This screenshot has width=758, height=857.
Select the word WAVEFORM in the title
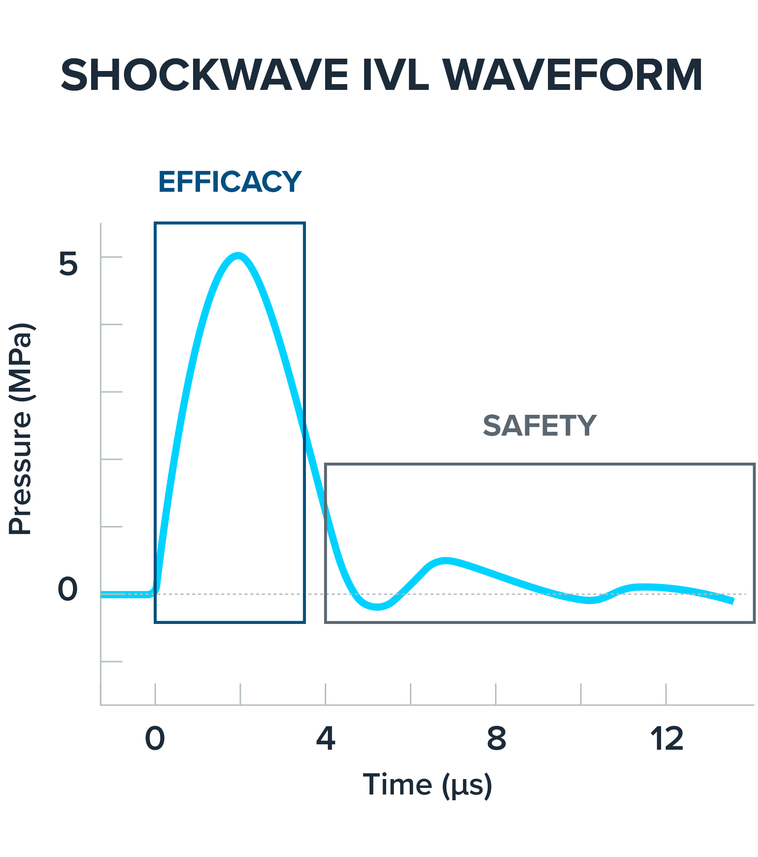[572, 76]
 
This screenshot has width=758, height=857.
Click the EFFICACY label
[229, 182]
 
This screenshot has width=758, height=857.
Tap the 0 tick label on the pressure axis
[68, 589]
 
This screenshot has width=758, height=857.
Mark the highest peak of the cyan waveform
[238, 255]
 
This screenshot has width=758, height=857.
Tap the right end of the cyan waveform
[732, 601]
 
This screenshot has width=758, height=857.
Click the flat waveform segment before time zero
[126, 594]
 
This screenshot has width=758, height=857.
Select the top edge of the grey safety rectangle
[539, 465]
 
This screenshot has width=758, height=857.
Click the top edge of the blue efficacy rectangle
[229, 223]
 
